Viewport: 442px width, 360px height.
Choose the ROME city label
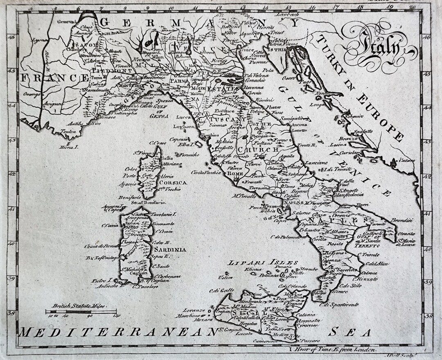pos(235,174)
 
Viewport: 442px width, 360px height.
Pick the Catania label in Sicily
pos(306,315)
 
